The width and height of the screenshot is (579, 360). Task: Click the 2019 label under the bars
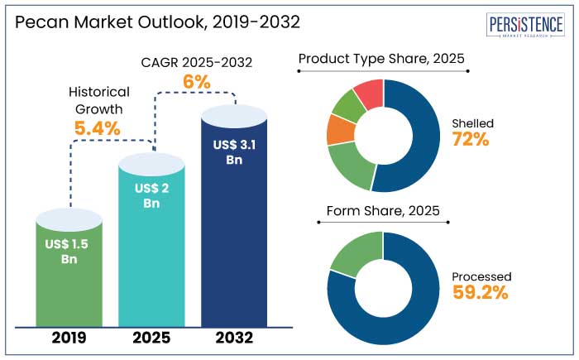(x=69, y=338)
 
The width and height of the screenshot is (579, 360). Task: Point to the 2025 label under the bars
(x=152, y=338)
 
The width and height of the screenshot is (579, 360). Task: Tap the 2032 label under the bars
(x=234, y=338)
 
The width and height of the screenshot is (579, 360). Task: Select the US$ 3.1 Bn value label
(x=234, y=152)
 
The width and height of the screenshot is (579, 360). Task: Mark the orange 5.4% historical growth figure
(x=98, y=128)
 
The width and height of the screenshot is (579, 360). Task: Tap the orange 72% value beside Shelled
(x=471, y=139)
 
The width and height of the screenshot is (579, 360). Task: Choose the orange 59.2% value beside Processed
(x=481, y=291)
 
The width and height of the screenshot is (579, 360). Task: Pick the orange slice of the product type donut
(x=340, y=129)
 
